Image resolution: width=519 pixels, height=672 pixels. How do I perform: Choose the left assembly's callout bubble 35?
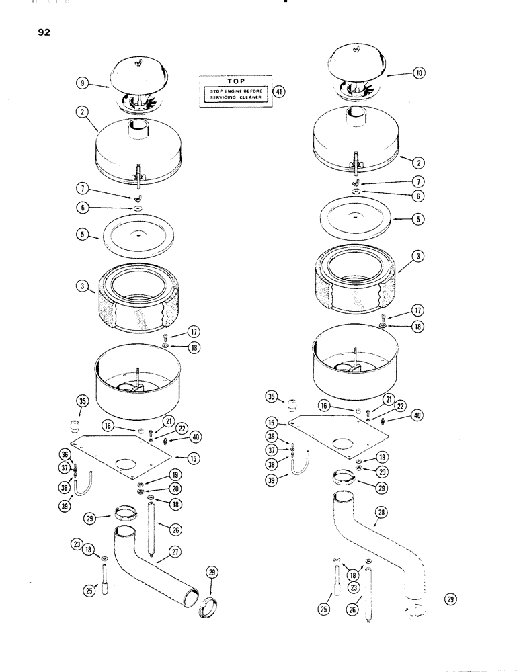(82, 403)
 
